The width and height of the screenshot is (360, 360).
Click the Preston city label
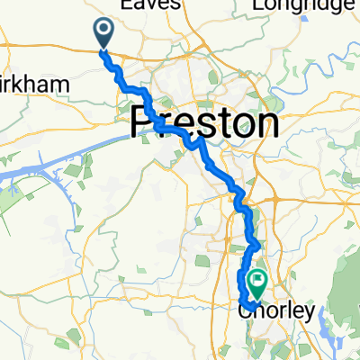203,121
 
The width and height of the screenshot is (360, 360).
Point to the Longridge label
301,5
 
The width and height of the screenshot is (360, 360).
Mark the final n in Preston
263,123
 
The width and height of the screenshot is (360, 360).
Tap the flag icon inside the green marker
258,281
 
